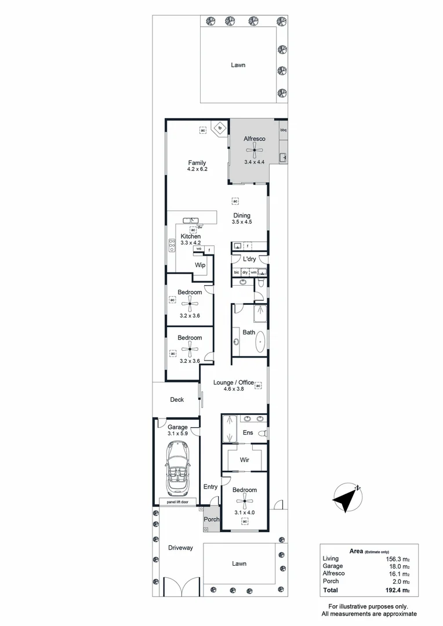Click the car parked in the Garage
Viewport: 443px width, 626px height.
tap(177, 467)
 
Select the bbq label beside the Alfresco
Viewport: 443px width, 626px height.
tap(284, 130)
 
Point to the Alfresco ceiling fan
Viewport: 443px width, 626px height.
tap(255, 150)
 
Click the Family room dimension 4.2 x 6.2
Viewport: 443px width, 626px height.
tap(197, 169)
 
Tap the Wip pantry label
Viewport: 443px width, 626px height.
tap(200, 265)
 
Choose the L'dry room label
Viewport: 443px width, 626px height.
tap(249, 259)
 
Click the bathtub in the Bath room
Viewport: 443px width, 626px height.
tap(259, 343)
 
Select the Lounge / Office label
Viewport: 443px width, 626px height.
tap(234, 383)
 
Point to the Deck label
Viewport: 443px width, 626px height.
tap(177, 399)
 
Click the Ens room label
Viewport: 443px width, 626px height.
tap(247, 432)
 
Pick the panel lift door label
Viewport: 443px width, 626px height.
tap(177, 502)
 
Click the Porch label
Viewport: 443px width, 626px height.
tap(212, 519)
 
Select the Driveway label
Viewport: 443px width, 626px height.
tap(180, 548)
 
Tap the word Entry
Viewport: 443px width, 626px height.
tap(210, 487)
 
